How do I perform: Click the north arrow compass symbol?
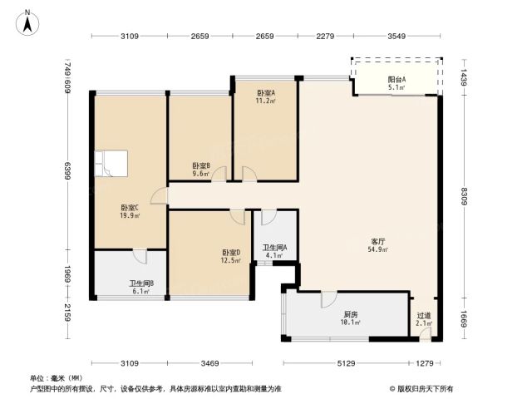pos(27,23)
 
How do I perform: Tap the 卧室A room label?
pos(266,92)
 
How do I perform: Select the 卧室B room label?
pos(201,166)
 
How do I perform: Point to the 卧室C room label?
pos(130,208)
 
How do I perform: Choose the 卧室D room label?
pos(231,253)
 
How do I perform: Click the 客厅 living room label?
pos(378,242)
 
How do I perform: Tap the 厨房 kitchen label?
pos(351,314)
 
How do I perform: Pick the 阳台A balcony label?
pos(397,80)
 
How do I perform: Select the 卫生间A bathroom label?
pos(275,248)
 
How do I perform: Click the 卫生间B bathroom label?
pos(142,283)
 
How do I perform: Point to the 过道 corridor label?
pos(424,316)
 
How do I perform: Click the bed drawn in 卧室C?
pos(111,164)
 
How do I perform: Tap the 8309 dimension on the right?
pos(464,196)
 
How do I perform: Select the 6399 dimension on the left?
pos(67,170)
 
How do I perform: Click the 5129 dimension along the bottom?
pos(346,363)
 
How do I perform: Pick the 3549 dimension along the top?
pos(397,36)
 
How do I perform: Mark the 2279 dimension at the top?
pos(325,36)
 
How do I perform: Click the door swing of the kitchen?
pos(329,299)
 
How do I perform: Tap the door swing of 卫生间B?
pos(140,257)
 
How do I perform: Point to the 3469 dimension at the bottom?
pos(209,363)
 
